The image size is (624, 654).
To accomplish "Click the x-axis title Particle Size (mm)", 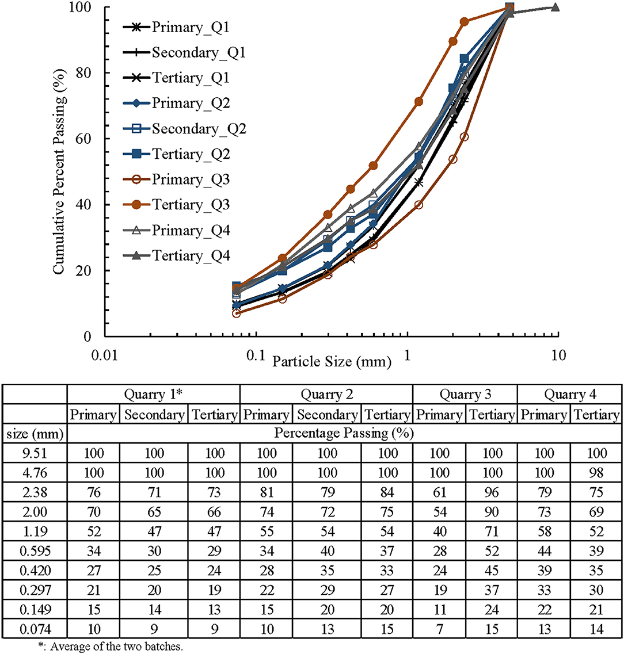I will coord(332,362).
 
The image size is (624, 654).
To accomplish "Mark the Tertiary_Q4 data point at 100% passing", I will coord(555,7).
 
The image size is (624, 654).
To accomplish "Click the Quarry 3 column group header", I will coord(465,395).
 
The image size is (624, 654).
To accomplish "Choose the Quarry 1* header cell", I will coord(153,395).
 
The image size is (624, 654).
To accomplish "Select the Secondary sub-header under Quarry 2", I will coord(327,414).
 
